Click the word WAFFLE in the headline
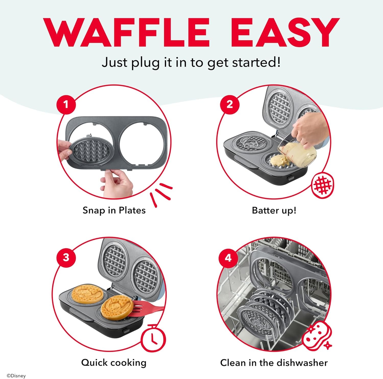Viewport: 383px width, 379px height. (x=127, y=32)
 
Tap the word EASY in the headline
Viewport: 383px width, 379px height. (x=285, y=32)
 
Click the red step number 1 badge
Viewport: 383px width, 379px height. (x=66, y=104)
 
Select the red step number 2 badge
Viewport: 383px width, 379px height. (x=230, y=104)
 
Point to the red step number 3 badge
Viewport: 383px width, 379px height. (x=66, y=257)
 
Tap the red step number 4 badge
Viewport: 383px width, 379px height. (x=228, y=258)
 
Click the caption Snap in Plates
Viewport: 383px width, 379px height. (x=114, y=210)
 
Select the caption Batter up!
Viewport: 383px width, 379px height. (x=274, y=210)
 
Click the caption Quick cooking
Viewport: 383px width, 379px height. (x=114, y=363)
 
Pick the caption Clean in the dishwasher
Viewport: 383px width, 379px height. (x=274, y=363)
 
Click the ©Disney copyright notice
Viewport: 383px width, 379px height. (x=16, y=376)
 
